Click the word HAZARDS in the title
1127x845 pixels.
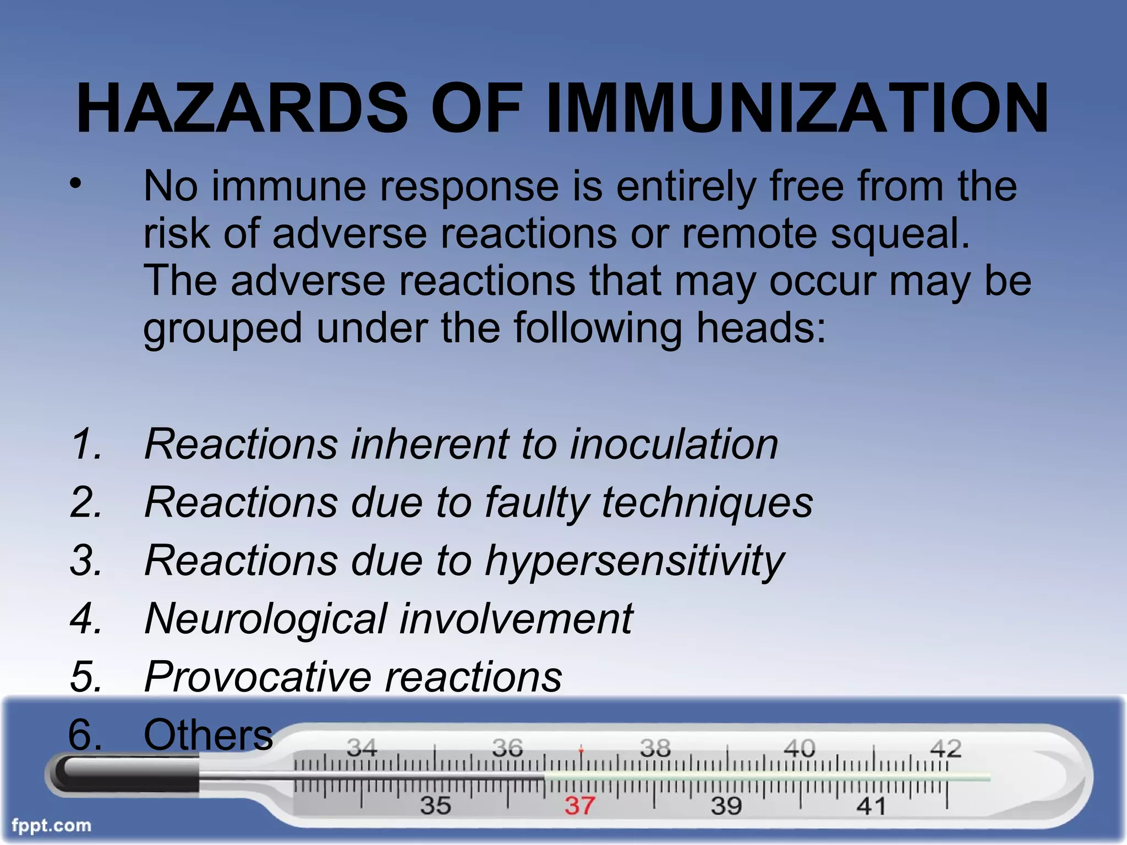pyautogui.click(x=242, y=108)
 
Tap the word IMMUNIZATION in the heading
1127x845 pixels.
pyautogui.click(x=798, y=108)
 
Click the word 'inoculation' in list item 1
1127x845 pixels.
pyautogui.click(x=674, y=444)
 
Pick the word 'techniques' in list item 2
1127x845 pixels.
pyautogui.click(x=707, y=502)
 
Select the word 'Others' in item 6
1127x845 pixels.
pyautogui.click(x=208, y=734)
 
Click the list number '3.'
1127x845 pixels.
pyautogui.click(x=86, y=561)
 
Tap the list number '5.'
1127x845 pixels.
pyautogui.click(x=86, y=677)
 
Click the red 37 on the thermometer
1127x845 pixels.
pyautogui.click(x=580, y=806)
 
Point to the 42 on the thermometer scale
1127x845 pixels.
pyautogui.click(x=945, y=748)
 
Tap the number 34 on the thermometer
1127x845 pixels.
pyautogui.click(x=362, y=748)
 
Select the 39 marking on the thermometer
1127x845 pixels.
pyautogui.click(x=726, y=806)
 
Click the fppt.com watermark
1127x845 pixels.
pyautogui.click(x=51, y=826)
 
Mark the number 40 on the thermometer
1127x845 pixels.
pyautogui.click(x=799, y=748)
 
